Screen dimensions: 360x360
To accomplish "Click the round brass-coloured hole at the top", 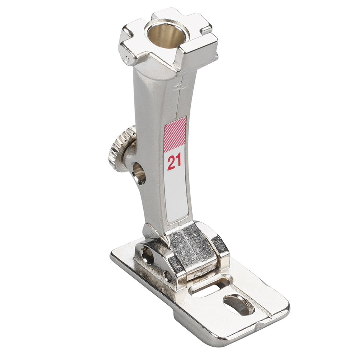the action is pyautogui.click(x=168, y=36).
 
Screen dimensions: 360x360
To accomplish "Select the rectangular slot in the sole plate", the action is pyautogui.click(x=210, y=284).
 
